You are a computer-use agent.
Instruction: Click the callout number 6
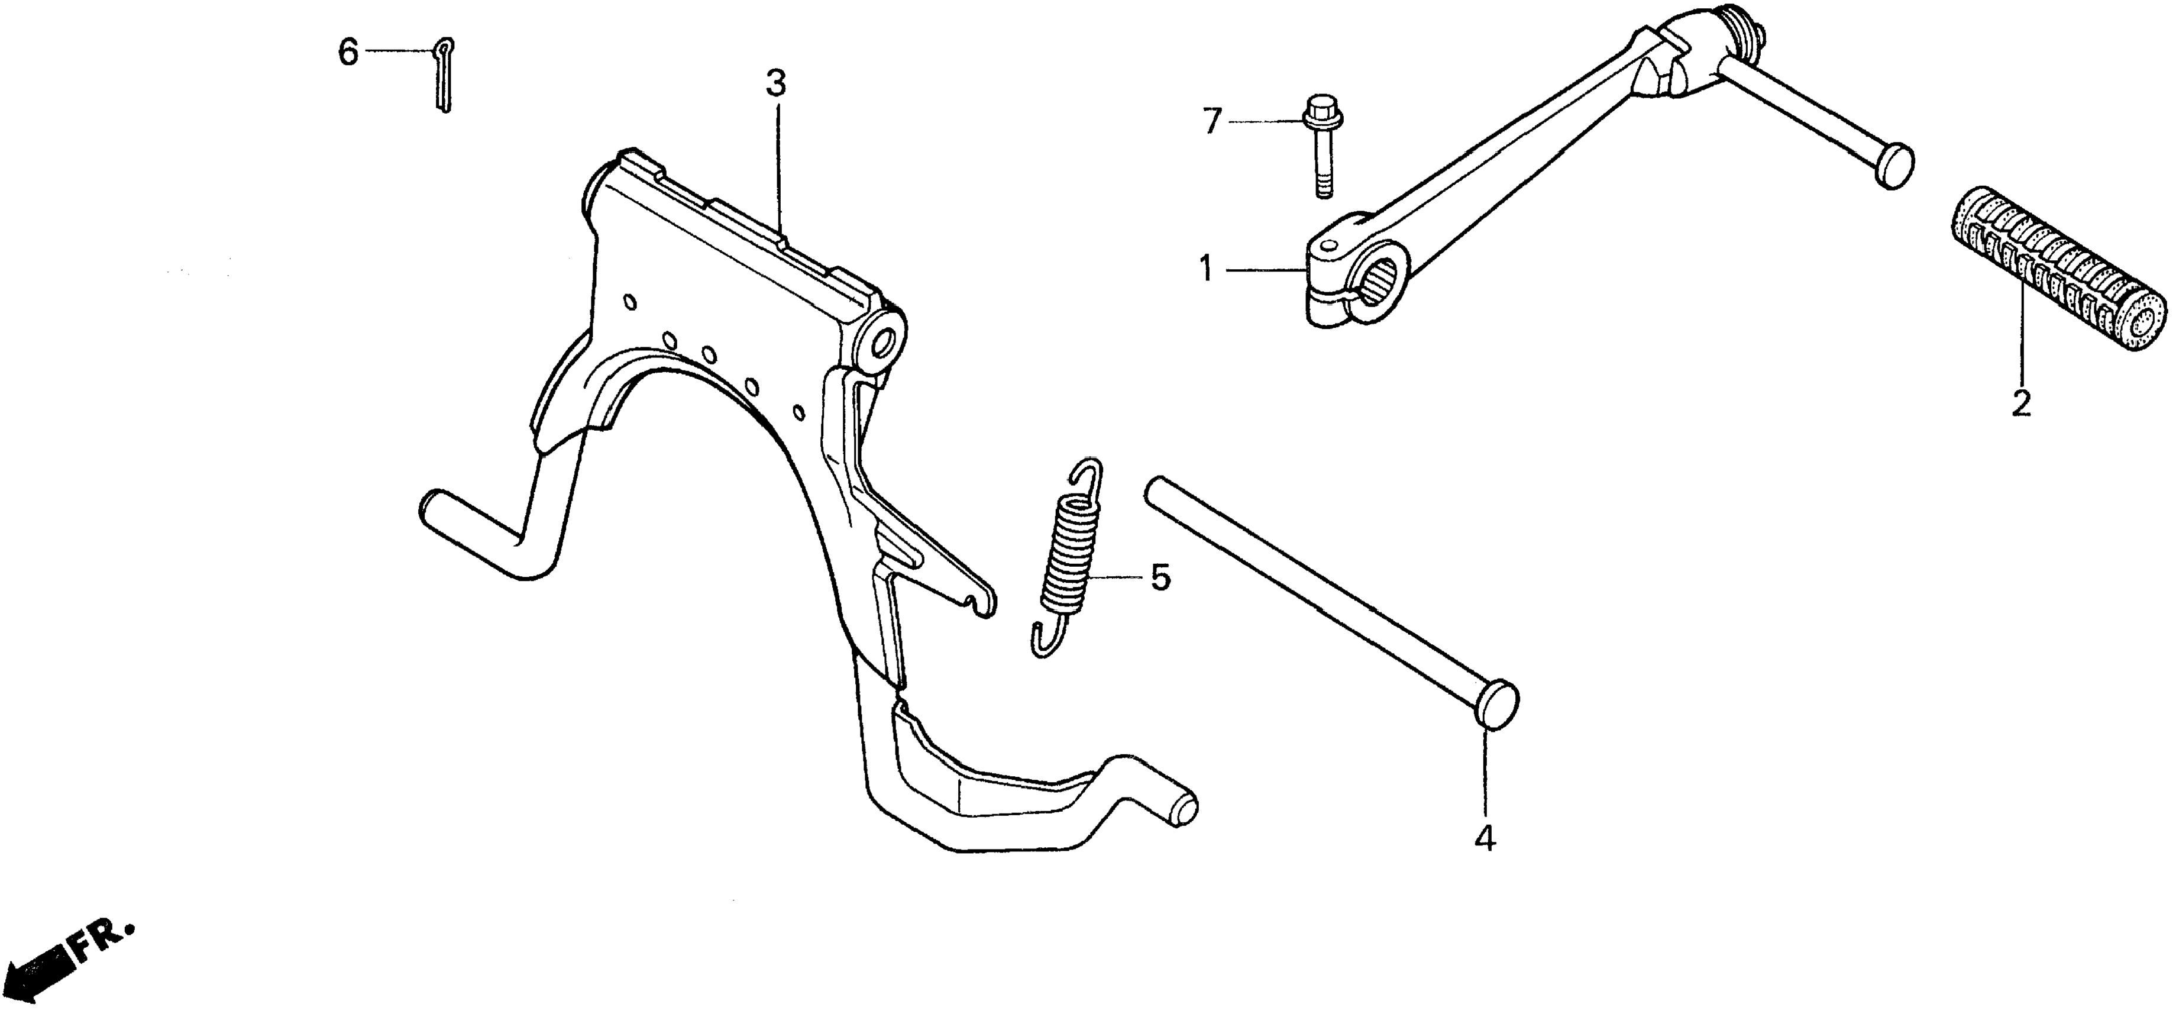[348, 53]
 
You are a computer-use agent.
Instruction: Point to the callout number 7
[1212, 123]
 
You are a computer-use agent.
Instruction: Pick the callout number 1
[1205, 271]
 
